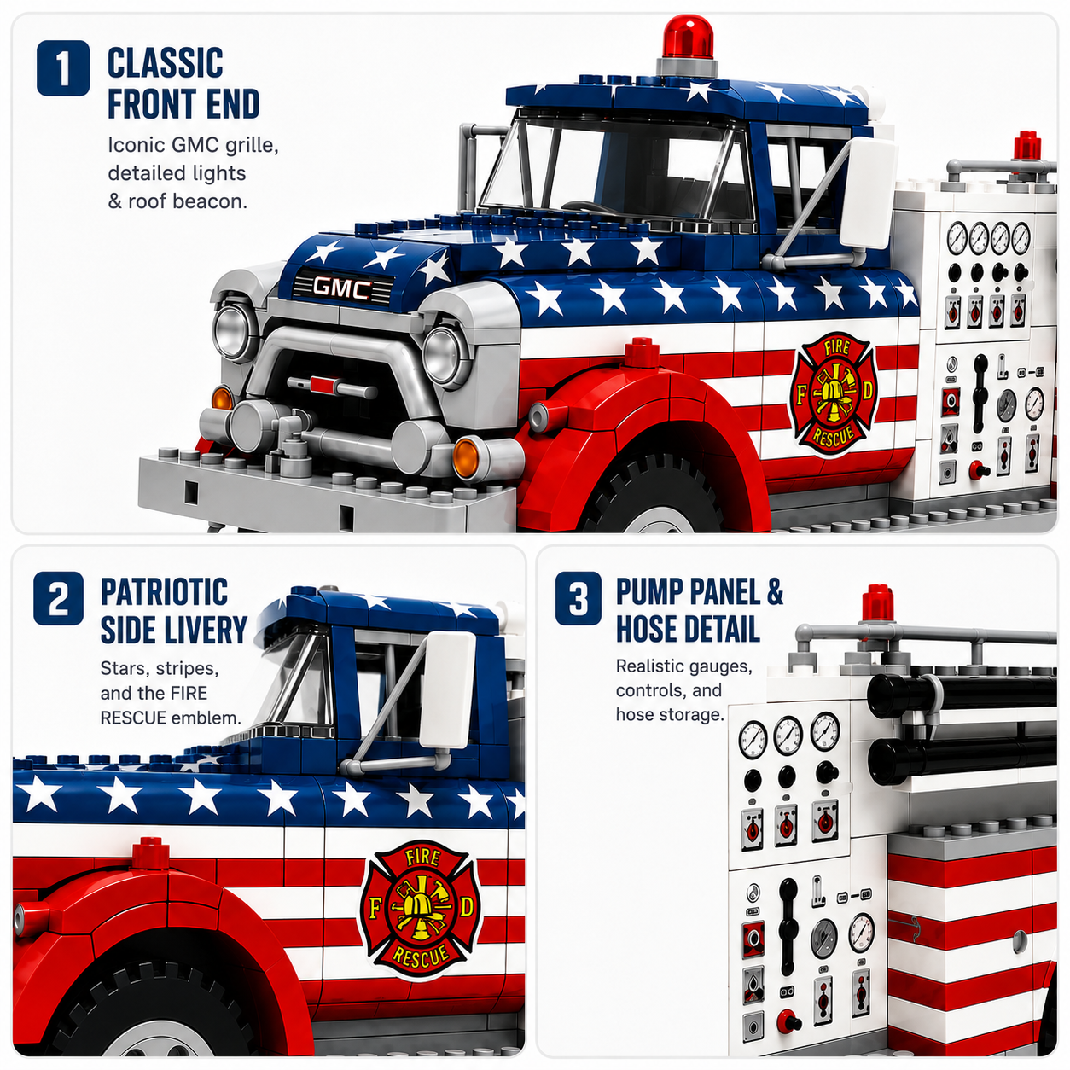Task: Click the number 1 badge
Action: (x=63, y=67)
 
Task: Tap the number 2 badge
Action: (x=58, y=598)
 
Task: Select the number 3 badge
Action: (x=578, y=598)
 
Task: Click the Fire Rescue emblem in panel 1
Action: (x=834, y=393)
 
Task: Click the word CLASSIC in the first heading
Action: (x=165, y=62)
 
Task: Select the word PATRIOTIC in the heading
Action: (x=165, y=592)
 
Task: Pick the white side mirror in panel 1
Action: (x=868, y=192)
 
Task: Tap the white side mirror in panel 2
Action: (x=448, y=689)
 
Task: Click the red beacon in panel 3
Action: (x=878, y=602)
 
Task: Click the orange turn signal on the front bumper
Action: (x=465, y=458)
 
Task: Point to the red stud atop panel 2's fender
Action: (x=150, y=853)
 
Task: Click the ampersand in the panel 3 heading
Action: (x=775, y=592)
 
